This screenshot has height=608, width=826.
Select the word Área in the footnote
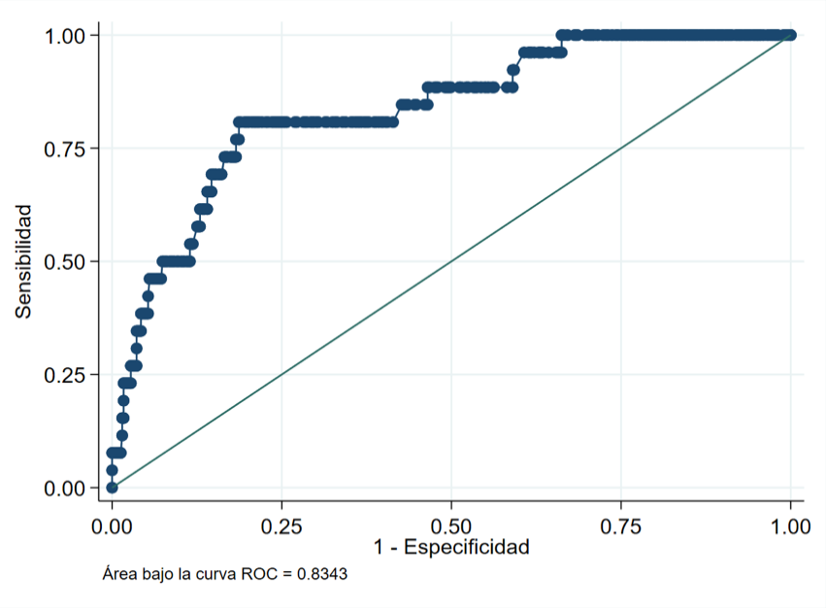tap(118, 574)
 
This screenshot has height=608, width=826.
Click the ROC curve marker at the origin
tap(112, 488)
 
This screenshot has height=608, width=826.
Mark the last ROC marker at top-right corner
tap(790, 35)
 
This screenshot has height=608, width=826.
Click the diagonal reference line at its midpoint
tap(451, 261)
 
